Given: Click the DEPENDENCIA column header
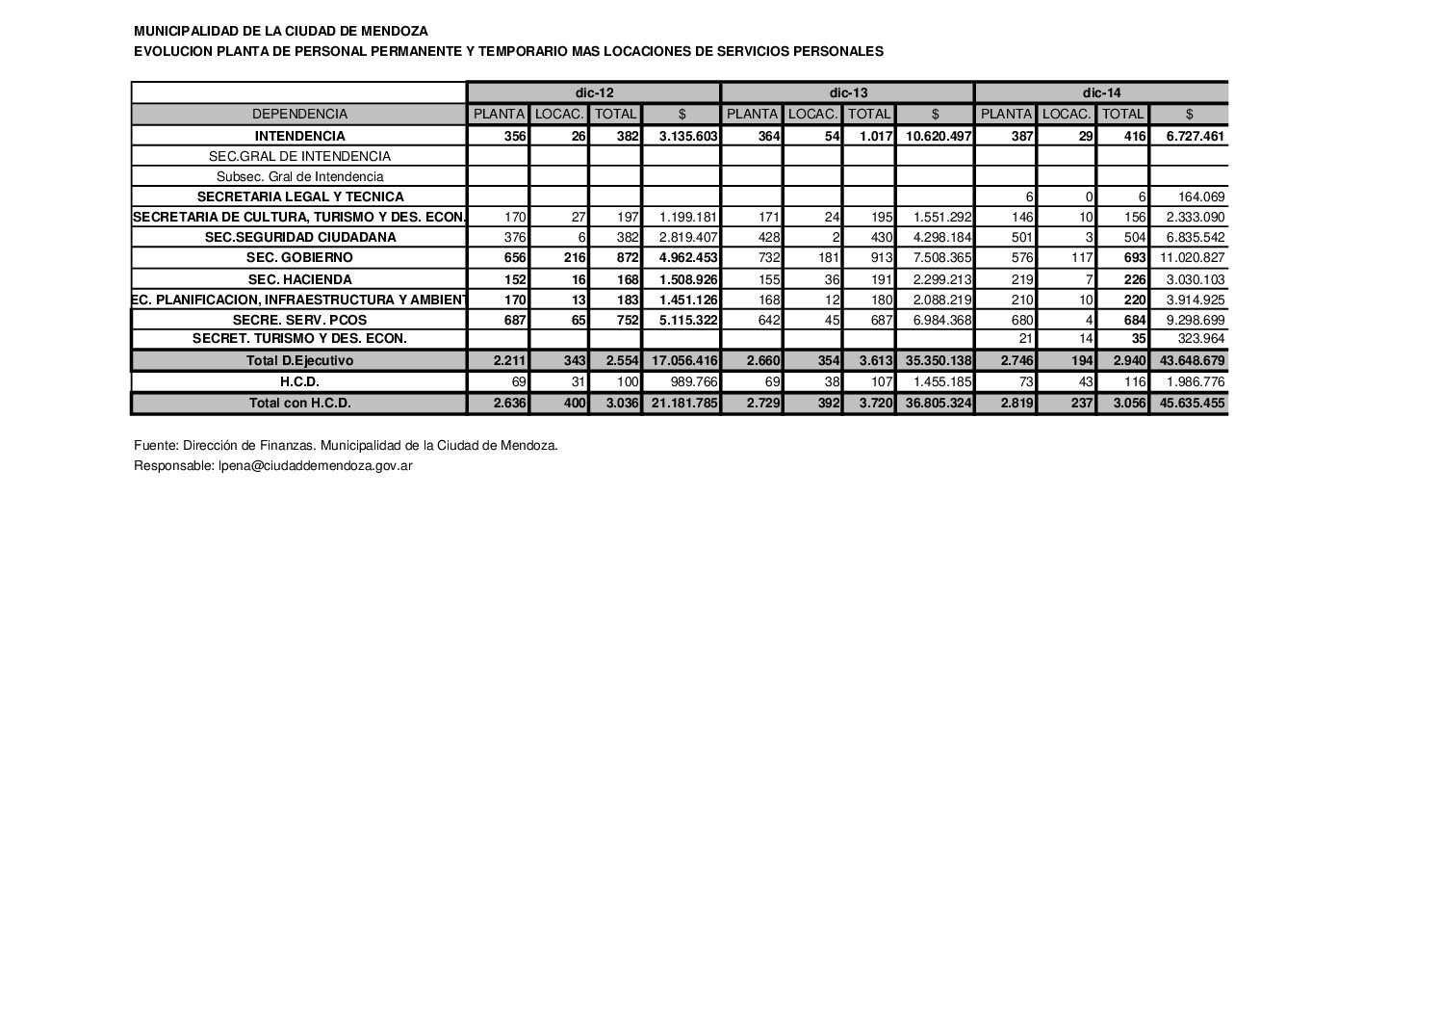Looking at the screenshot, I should click(x=299, y=114).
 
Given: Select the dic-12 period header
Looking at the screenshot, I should click(x=594, y=93).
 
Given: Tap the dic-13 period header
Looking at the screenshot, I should click(x=848, y=93).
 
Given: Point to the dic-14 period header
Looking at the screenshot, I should click(x=1101, y=93).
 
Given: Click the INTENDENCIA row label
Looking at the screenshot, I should click(x=299, y=137).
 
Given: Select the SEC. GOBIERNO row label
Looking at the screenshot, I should click(x=299, y=258).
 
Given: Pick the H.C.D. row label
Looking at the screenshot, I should click(x=299, y=382).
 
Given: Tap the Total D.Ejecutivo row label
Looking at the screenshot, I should click(x=299, y=361).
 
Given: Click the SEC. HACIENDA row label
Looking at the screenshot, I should click(x=299, y=279).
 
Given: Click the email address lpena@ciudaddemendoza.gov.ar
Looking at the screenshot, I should click(x=309, y=465).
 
